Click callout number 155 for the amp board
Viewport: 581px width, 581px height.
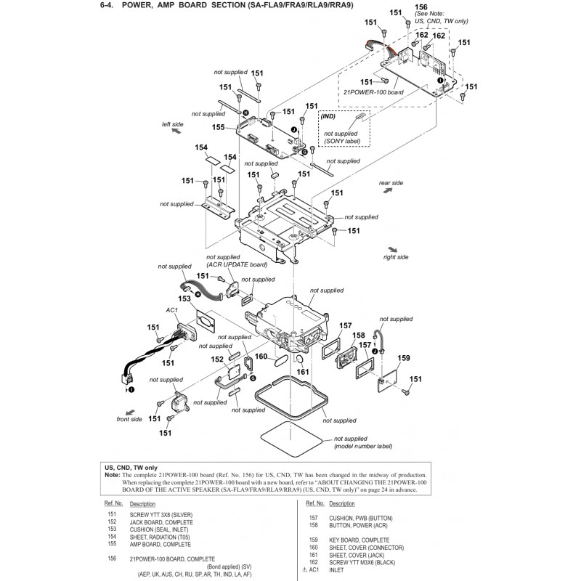(219, 127)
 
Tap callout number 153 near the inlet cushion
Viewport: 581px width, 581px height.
(184, 298)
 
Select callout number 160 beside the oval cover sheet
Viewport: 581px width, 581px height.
(261, 356)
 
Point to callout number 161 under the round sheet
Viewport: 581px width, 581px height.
(303, 372)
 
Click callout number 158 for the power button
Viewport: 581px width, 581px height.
(358, 335)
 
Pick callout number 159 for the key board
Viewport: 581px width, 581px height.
(404, 358)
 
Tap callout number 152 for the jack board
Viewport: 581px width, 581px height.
(217, 359)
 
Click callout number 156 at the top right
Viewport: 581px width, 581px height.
(421, 7)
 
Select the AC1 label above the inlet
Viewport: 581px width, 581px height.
(172, 310)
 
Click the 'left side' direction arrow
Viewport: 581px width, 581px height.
(176, 131)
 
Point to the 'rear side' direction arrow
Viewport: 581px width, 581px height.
(388, 190)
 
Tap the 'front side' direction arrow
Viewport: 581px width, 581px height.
(130, 413)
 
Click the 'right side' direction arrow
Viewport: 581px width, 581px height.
(392, 250)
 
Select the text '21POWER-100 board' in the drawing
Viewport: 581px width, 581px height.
(373, 92)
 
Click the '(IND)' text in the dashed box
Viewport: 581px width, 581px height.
(328, 116)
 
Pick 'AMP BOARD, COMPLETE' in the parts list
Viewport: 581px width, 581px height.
(160, 544)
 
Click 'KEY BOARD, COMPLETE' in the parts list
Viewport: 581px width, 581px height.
(359, 540)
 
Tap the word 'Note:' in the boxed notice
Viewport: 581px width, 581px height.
(113, 475)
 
